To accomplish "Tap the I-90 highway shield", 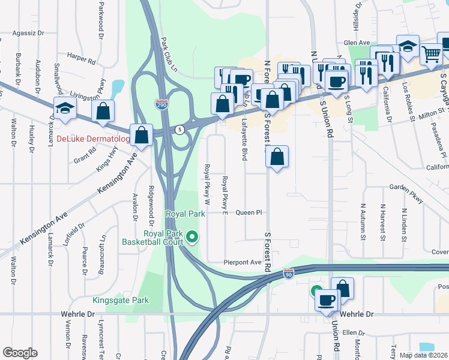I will [x=289, y=274].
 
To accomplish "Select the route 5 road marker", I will [x=179, y=130].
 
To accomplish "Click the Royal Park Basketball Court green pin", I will [x=192, y=238].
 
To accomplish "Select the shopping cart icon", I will [x=431, y=55].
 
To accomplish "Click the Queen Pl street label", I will [x=249, y=212].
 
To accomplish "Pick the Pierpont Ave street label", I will [x=243, y=262].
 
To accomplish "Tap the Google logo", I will [x=20, y=353].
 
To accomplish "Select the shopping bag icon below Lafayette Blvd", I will [x=277, y=157].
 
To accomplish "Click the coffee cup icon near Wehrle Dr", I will [x=327, y=299].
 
